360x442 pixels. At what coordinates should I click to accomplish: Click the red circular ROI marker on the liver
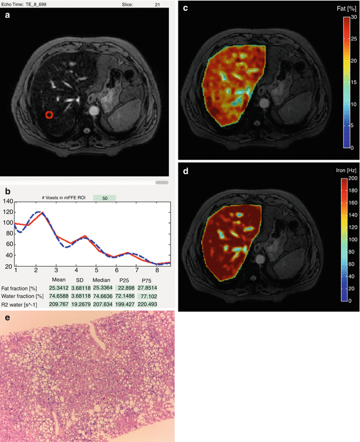(x=49, y=114)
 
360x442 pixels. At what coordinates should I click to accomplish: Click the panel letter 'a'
(x=7, y=16)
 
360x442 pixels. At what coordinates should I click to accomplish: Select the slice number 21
(x=157, y=4)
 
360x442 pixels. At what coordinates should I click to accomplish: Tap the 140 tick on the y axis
(x=7, y=201)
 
